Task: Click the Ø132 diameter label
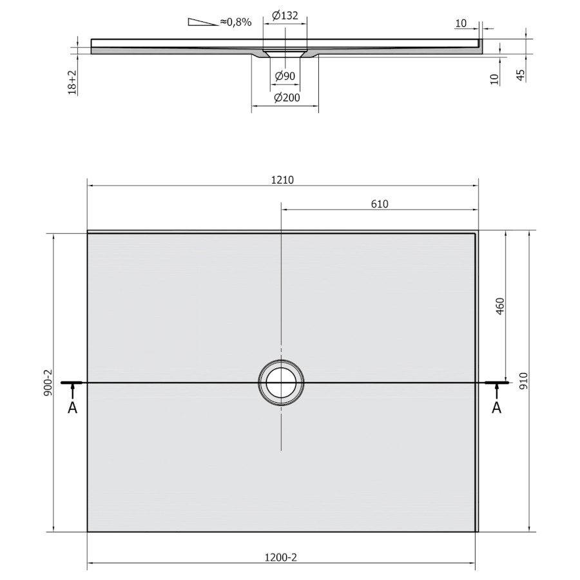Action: coord(285,15)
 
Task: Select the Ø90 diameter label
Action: coord(285,76)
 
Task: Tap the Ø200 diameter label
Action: coord(287,98)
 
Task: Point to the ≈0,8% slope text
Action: coord(236,22)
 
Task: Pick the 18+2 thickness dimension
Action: coord(72,82)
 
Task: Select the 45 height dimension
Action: coord(521,75)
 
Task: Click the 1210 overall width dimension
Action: coord(283,180)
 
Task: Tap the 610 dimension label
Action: coord(380,204)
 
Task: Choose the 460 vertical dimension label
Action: coord(499,306)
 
